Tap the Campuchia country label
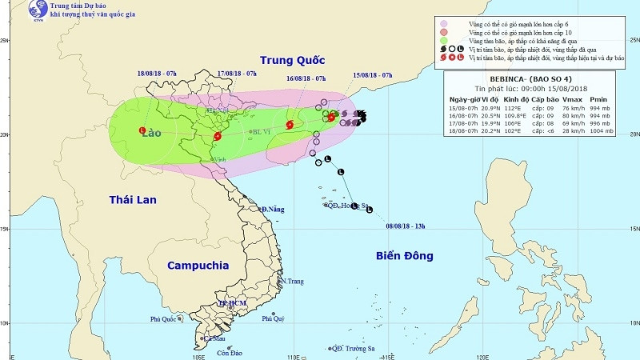click(198, 265)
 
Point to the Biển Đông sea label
click(404, 256)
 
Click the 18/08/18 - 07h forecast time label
click(156, 73)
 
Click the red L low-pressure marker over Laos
click(142, 130)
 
